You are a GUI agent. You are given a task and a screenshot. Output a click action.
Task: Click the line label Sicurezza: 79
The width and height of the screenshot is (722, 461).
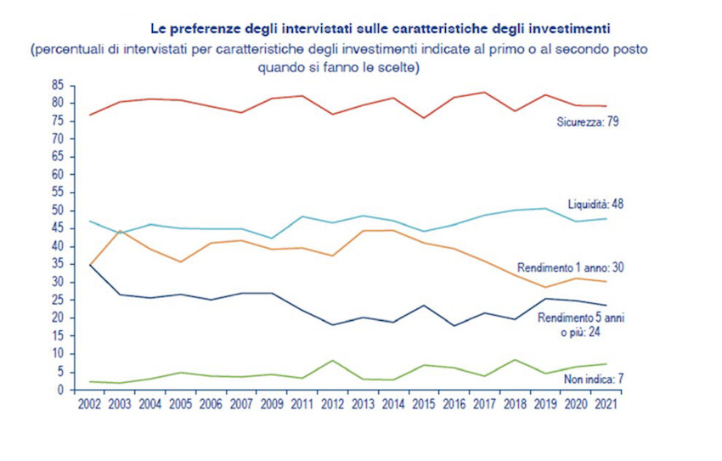587,123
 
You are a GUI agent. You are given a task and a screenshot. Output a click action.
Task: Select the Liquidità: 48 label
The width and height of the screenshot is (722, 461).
596,204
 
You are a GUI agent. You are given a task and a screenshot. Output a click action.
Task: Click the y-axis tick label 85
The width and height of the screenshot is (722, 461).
58,85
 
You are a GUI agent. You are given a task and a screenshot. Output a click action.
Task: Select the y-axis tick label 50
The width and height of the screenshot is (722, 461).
58,211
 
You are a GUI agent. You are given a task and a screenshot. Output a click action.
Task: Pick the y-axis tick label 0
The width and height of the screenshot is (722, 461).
61,390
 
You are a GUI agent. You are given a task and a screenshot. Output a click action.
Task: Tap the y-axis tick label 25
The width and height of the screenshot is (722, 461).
58,301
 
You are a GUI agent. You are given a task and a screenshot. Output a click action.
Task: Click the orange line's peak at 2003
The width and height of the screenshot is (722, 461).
121,231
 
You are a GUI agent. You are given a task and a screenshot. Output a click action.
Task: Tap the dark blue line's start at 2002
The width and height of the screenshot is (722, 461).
89,265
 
